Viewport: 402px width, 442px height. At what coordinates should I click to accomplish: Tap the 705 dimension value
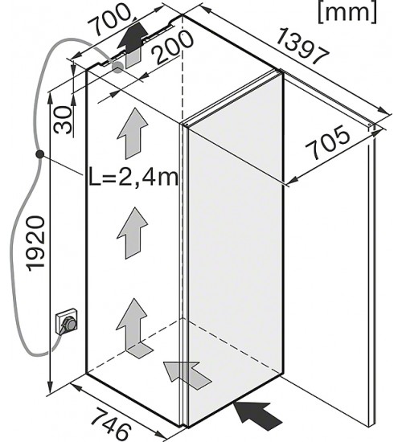point(328,141)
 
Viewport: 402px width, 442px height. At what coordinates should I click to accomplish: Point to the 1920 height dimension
point(36,244)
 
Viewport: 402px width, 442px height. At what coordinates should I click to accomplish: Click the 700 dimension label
point(110,19)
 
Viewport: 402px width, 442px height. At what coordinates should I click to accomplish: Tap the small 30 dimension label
point(63,120)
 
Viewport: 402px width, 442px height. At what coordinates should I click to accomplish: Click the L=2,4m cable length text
point(133,177)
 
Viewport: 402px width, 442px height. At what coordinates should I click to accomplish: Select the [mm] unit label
point(347,13)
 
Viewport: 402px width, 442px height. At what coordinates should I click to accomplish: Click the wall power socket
point(68,321)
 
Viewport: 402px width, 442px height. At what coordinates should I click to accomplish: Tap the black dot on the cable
point(39,154)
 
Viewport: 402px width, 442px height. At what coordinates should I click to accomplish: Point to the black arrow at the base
point(258,416)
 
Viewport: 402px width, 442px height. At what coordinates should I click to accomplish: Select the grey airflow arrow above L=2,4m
point(133,133)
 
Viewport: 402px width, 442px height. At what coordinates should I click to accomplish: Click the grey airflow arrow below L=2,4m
point(133,233)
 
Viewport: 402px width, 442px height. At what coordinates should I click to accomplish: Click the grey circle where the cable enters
point(117,68)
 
